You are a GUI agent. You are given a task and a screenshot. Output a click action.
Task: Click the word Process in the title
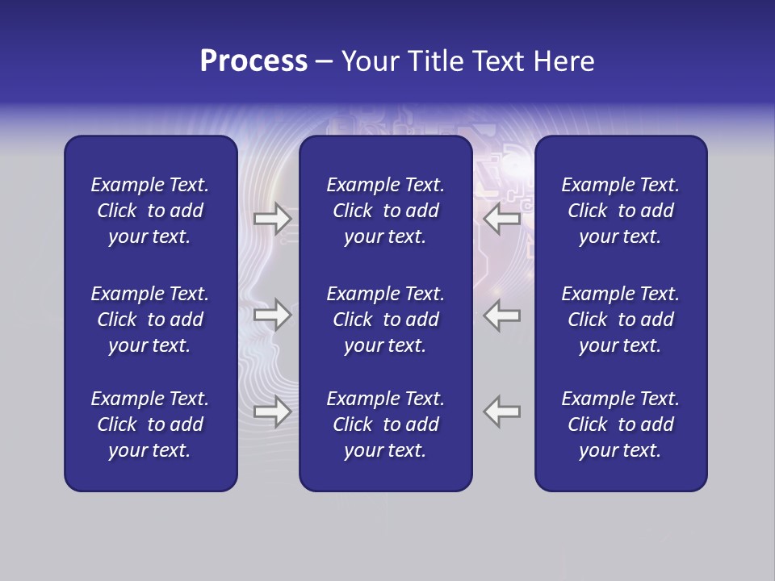pyautogui.click(x=253, y=61)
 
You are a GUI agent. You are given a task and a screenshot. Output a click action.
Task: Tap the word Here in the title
pyautogui.click(x=564, y=61)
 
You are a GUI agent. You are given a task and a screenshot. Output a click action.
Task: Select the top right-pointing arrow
pyautogui.click(x=272, y=218)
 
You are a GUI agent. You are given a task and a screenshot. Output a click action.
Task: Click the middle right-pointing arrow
pyautogui.click(x=272, y=315)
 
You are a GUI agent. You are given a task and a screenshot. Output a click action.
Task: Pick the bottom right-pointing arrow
pyautogui.click(x=272, y=412)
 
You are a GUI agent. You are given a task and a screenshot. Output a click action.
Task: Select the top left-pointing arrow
pyautogui.click(x=502, y=218)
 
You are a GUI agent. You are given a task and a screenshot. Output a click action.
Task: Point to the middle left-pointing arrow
pyautogui.click(x=502, y=315)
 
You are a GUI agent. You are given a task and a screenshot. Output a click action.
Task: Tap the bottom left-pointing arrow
pyautogui.click(x=502, y=412)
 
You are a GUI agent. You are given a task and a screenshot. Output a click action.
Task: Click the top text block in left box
pyautogui.click(x=150, y=211)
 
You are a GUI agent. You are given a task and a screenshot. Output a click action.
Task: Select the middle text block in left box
pyautogui.click(x=150, y=320)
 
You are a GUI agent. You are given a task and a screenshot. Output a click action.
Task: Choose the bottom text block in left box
pyautogui.click(x=150, y=424)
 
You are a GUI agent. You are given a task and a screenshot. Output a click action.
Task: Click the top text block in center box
pyautogui.click(x=385, y=211)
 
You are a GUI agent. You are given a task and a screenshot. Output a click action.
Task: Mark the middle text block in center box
pyautogui.click(x=385, y=320)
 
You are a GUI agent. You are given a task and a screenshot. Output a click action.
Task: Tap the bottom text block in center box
pyautogui.click(x=385, y=424)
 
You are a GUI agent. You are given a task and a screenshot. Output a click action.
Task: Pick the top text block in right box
pyautogui.click(x=620, y=211)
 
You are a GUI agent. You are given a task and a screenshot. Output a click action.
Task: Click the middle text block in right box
pyautogui.click(x=620, y=320)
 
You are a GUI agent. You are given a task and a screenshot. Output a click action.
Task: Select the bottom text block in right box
pyautogui.click(x=620, y=424)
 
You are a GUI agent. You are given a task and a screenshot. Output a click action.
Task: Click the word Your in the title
pyautogui.click(x=369, y=61)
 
